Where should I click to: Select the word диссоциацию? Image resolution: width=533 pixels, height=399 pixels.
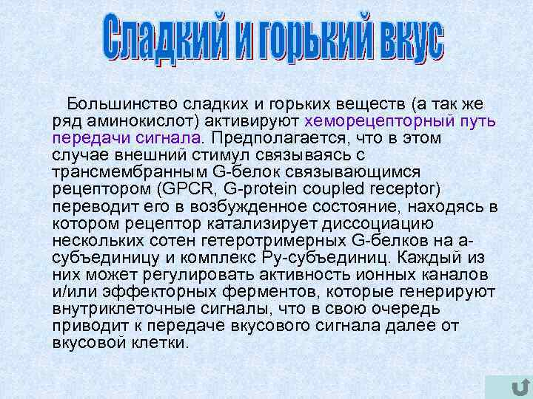click(389, 223)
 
